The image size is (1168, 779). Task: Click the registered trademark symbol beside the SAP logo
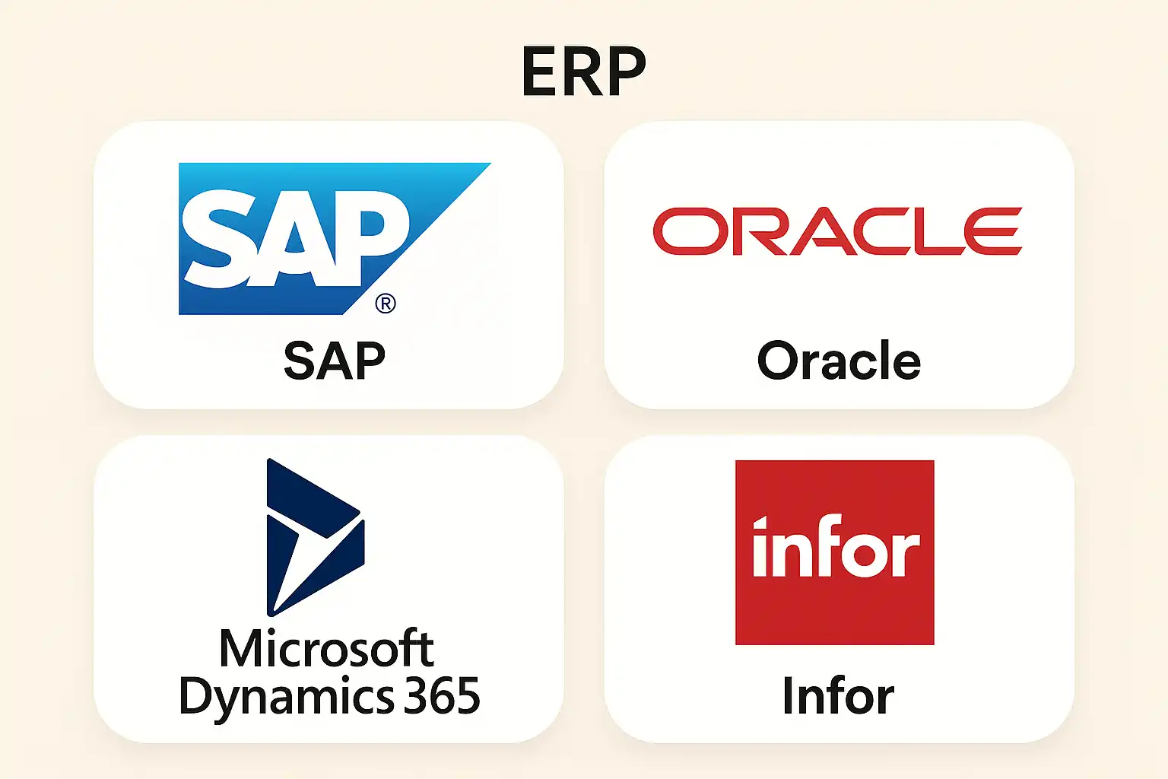tap(386, 304)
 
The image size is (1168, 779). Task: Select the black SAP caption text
tap(335, 361)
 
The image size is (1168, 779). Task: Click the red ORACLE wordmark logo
tap(837, 231)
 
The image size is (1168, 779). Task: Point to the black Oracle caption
tap(839, 361)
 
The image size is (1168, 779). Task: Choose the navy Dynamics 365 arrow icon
tap(314, 536)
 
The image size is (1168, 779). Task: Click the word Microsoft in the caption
tap(326, 649)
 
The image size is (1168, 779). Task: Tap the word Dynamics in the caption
tap(286, 696)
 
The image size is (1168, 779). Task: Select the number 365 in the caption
tap(442, 695)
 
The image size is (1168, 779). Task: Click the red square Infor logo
tap(834, 552)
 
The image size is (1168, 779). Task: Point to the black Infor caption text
tap(838, 695)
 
